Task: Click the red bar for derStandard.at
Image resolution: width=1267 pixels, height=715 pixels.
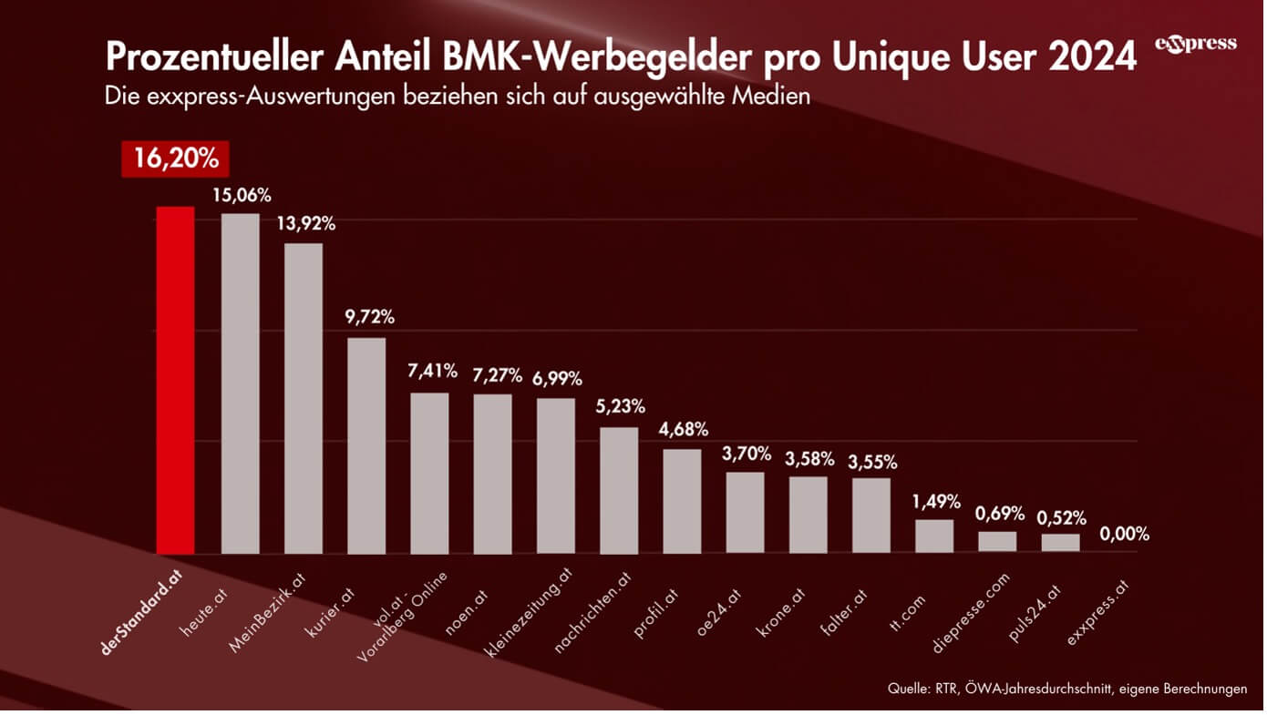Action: [x=175, y=380]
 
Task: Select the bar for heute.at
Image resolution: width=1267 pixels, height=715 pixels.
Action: [x=240, y=383]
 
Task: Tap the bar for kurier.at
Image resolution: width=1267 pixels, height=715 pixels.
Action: [x=366, y=445]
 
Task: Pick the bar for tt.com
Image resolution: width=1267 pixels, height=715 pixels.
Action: [x=934, y=536]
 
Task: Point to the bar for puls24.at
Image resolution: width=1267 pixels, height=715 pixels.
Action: [x=1060, y=543]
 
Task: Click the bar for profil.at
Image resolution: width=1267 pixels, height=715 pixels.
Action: [x=682, y=501]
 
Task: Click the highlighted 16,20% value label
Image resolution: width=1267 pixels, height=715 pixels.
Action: [x=176, y=158]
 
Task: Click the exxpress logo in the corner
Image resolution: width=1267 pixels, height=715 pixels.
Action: [x=1196, y=45]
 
